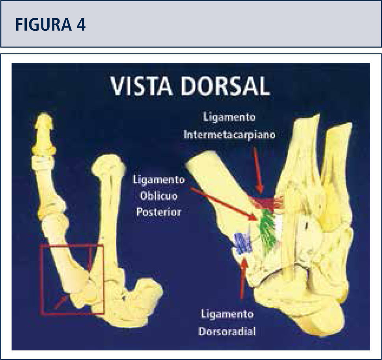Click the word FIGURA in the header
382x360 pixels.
coord(41,25)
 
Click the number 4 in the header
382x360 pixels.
coord(81,25)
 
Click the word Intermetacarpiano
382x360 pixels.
coord(229,134)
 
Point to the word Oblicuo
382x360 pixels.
coord(158,196)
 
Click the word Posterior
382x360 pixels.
coord(158,212)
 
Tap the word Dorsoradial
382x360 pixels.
coord(227,331)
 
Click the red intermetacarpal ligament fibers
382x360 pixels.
coord(270,202)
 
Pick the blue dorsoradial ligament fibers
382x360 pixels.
coord(242,243)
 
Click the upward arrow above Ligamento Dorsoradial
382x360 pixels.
coord(243,278)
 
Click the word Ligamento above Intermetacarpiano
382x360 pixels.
coord(229,117)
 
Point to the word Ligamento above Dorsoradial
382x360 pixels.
coord(227,315)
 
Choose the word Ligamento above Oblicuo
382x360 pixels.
coord(158,180)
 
